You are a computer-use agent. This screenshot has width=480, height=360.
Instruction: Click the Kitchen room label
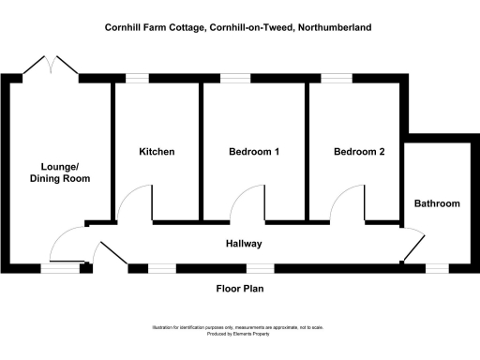point(157,152)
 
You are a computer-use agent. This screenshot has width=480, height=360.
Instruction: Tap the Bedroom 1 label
point(253,152)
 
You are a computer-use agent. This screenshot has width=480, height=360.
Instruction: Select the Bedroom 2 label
point(359,152)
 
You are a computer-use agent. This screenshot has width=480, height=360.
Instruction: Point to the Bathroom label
point(437,203)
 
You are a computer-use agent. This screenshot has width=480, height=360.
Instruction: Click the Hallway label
point(243,244)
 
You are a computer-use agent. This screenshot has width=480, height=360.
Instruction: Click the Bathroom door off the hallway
point(411,246)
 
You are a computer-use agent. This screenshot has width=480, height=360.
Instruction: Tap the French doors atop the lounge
point(52,66)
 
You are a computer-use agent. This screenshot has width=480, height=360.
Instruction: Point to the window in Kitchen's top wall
point(138,79)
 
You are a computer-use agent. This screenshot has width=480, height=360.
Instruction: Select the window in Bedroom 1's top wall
point(235,79)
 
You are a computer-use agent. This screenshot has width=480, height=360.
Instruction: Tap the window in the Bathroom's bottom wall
point(436,267)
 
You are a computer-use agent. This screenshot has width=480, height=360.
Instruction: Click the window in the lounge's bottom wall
point(59,268)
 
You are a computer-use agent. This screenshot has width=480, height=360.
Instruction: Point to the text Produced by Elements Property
point(240,334)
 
